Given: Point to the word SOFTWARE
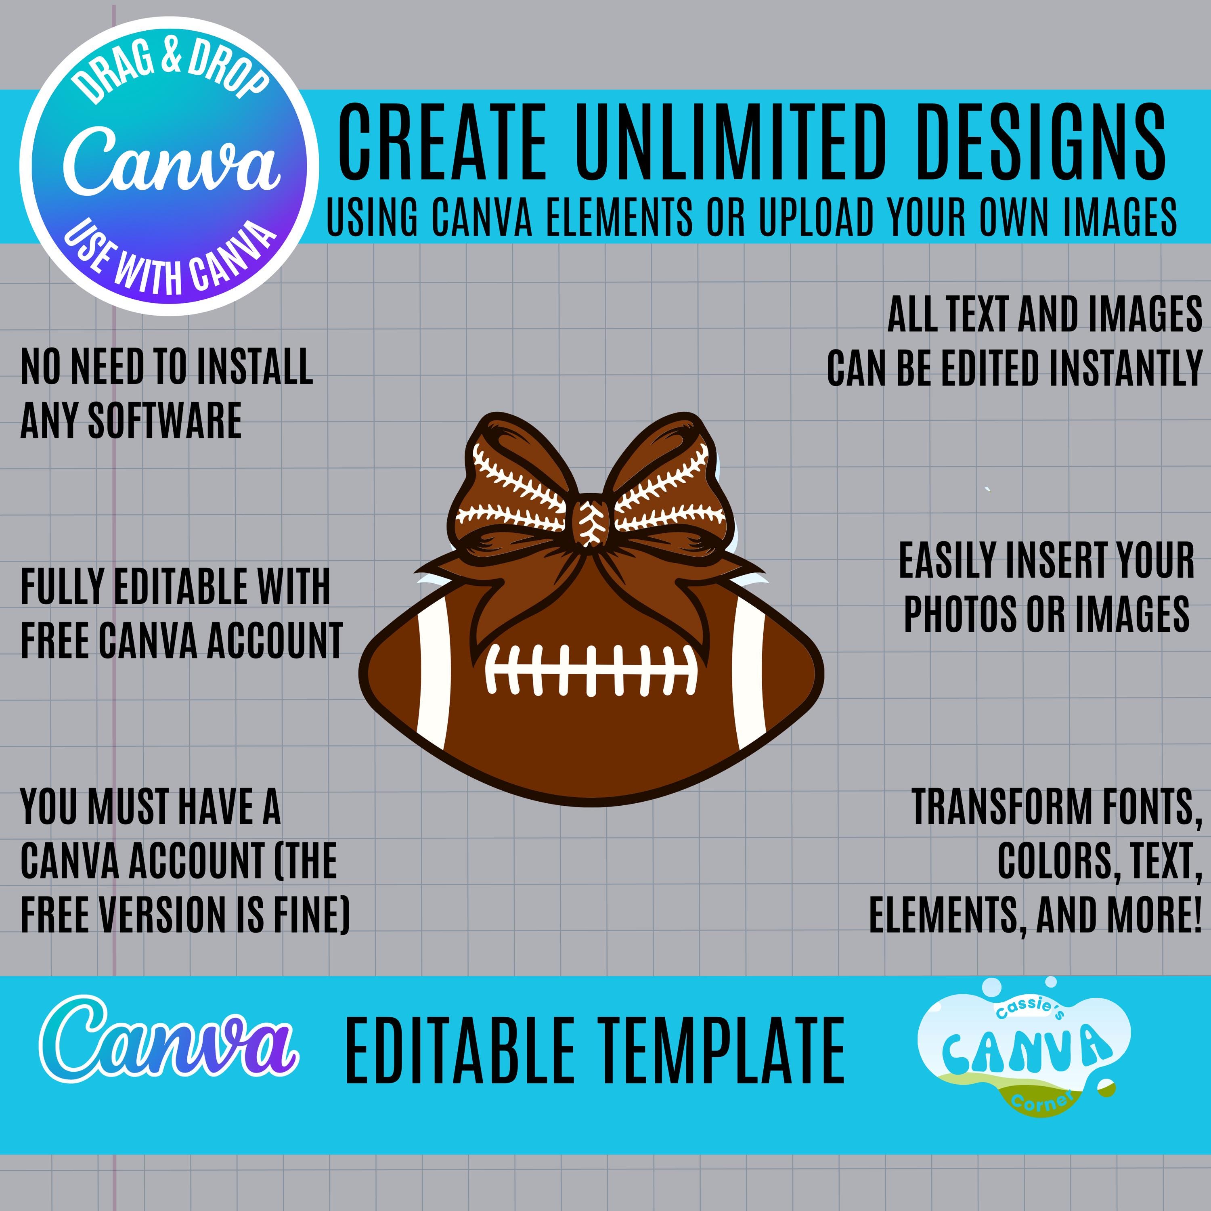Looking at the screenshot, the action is coord(165,421).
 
